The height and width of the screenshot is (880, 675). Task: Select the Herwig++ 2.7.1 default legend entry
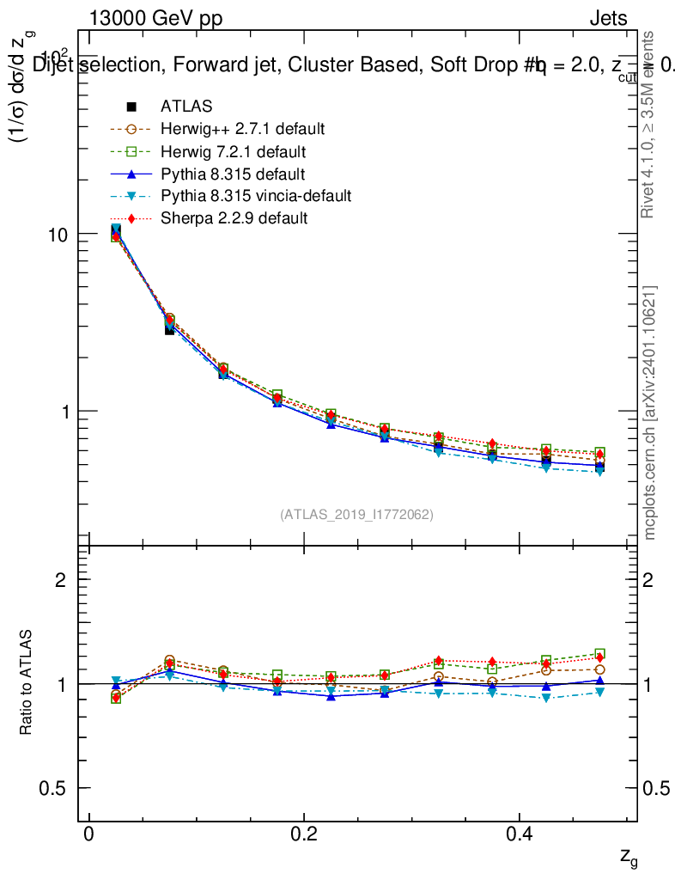tap(242, 129)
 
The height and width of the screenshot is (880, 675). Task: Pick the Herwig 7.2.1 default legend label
tap(233, 151)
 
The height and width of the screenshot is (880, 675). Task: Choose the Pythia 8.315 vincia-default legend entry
tap(255, 196)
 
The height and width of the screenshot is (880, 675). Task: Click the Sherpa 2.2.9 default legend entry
tap(234, 218)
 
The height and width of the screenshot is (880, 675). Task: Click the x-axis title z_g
tap(629, 857)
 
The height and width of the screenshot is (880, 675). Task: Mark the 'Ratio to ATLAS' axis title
tap(27, 683)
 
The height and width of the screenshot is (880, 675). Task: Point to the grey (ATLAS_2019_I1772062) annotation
tap(356, 515)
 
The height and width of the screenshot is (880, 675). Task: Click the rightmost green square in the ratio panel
tap(599, 654)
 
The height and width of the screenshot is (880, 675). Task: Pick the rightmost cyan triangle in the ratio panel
tap(599, 693)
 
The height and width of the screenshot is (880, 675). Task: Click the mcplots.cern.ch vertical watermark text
tap(650, 412)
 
